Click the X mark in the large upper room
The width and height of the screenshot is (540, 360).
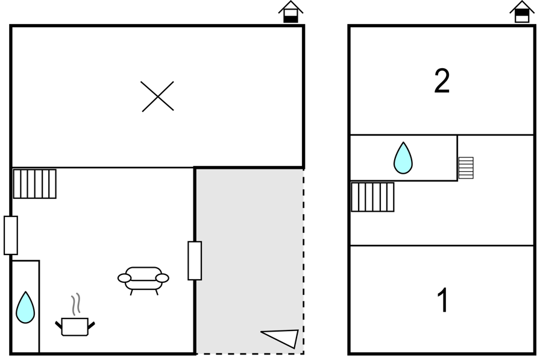(158, 96)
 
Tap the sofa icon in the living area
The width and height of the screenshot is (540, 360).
(143, 280)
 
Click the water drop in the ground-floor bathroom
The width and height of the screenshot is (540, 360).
(25, 308)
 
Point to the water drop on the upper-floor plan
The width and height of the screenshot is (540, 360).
(403, 158)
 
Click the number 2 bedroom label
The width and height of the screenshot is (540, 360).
(442, 81)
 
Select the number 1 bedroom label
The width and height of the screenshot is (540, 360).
(442, 300)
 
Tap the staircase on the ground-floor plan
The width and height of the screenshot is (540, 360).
(34, 183)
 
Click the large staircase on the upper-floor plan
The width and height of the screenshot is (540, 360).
(372, 197)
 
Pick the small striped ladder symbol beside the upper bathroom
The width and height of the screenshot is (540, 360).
(466, 168)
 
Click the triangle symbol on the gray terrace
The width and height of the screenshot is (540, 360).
(281, 339)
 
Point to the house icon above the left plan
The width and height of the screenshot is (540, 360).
(290, 11)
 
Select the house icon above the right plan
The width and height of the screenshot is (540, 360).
(522, 11)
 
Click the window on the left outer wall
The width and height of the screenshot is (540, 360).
(11, 235)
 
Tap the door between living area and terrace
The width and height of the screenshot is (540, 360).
(195, 261)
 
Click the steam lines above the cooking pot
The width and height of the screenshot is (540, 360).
(76, 304)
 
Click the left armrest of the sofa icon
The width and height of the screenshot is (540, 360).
(124, 278)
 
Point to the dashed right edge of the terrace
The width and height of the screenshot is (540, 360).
(303, 261)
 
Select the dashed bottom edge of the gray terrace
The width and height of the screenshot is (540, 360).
(250, 353)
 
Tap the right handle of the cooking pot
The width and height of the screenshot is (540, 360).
(91, 324)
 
